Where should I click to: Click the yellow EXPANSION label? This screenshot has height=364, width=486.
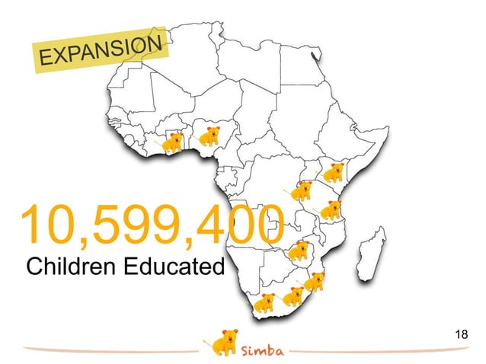point(101,52)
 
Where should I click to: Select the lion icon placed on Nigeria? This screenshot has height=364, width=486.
point(209,137)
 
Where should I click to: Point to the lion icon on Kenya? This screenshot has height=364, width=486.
point(333,173)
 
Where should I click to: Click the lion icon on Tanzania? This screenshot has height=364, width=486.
point(331,209)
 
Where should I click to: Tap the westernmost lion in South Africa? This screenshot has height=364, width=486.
point(264,302)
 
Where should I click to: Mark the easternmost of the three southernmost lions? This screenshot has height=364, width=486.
point(314,282)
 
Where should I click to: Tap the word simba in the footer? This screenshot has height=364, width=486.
point(263,351)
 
